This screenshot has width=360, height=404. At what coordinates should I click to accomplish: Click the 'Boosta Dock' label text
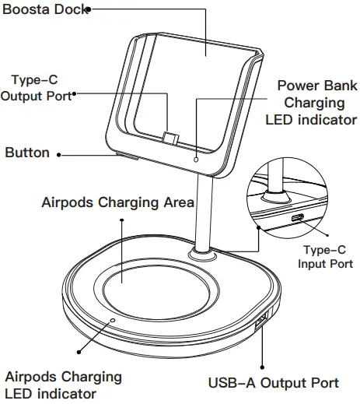pyautogui.click(x=43, y=10)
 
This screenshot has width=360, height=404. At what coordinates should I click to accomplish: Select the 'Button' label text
pyautogui.click(x=27, y=153)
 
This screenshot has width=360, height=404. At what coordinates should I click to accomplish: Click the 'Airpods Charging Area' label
pyautogui.click(x=117, y=203)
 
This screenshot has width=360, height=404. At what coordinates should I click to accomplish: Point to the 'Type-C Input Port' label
pyautogui.click(x=325, y=257)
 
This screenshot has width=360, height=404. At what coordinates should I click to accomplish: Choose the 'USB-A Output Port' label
pyautogui.click(x=273, y=382)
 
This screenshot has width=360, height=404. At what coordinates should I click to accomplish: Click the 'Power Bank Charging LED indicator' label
pyautogui.click(x=311, y=102)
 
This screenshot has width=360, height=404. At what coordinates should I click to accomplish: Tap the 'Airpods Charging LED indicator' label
pyautogui.click(x=63, y=384)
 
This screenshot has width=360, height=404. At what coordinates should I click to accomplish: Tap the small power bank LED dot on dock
pyautogui.click(x=196, y=160)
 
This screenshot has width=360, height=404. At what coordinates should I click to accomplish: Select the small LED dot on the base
pyautogui.click(x=114, y=319)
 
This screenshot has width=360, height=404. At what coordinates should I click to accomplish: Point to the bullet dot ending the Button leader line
pyautogui.click(x=60, y=154)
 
